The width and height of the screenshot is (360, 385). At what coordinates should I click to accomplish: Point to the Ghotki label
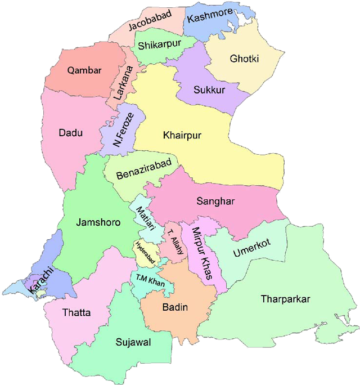point(244,58)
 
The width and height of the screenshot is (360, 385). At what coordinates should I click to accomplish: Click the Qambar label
point(84,70)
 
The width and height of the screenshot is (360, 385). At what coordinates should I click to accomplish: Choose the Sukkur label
point(209,89)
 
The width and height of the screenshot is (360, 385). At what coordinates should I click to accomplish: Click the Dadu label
point(70,133)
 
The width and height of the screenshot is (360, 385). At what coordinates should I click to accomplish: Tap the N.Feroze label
point(123,130)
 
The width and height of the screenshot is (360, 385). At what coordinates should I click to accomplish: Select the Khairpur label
point(182,135)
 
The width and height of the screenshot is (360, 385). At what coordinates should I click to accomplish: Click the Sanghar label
point(215,200)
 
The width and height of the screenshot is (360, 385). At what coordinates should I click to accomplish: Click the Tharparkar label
point(285,299)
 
